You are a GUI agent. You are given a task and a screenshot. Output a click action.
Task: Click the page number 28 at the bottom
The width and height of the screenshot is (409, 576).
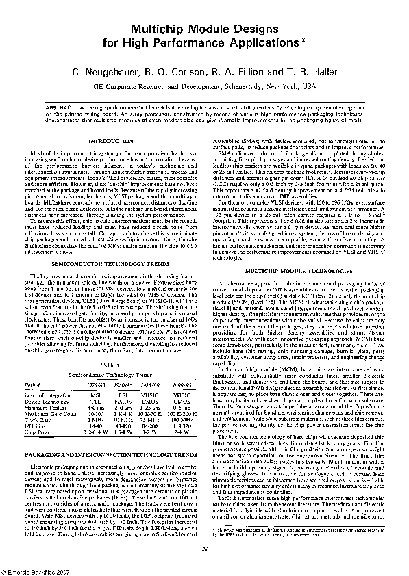point(204,547)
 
